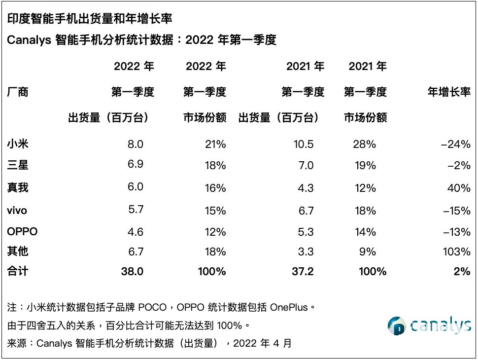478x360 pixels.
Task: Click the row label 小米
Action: [x=18, y=144]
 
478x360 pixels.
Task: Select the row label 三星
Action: [x=18, y=165]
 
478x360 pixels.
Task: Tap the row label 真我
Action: [x=18, y=187]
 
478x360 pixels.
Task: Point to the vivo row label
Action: [x=17, y=211]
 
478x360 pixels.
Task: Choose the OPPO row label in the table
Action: [x=22, y=231]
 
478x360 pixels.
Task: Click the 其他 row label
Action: [x=18, y=252]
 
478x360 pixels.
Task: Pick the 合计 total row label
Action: [x=18, y=271]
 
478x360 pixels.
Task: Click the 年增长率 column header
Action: [x=448, y=92]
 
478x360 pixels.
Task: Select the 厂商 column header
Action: [x=18, y=92]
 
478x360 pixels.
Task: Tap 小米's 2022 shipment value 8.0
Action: [x=135, y=144]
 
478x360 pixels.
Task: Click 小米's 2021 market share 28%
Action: [x=365, y=144]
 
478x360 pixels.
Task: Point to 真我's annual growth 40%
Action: [x=459, y=188]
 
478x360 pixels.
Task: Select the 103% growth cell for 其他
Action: [x=457, y=252]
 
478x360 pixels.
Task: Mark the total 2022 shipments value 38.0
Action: [x=132, y=271]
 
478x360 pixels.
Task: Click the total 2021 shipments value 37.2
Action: [x=302, y=271]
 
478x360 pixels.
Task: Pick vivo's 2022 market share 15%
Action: [x=215, y=211]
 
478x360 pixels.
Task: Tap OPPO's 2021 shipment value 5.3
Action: [x=306, y=231]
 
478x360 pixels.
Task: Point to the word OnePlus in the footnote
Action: [x=291, y=307]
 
